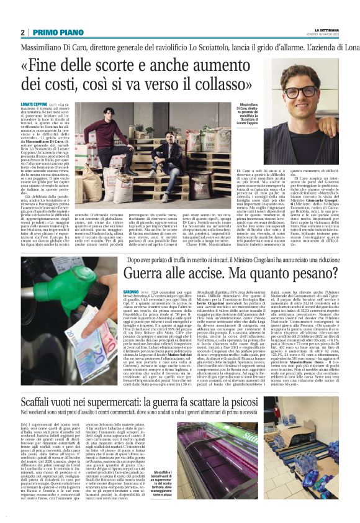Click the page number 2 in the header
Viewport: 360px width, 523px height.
22,32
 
